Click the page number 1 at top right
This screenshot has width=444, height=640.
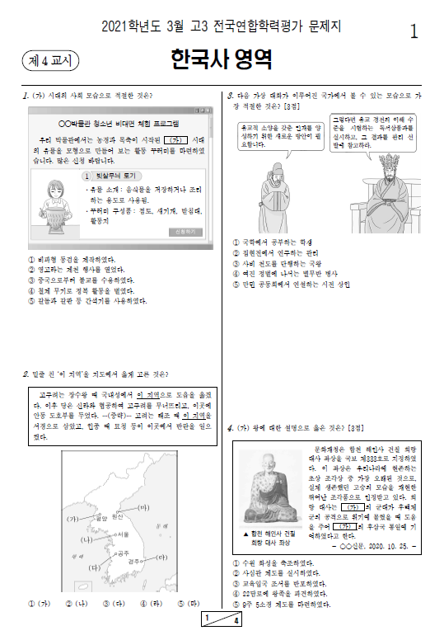[x=414, y=31]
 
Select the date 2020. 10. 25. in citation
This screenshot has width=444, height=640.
[x=394, y=545]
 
